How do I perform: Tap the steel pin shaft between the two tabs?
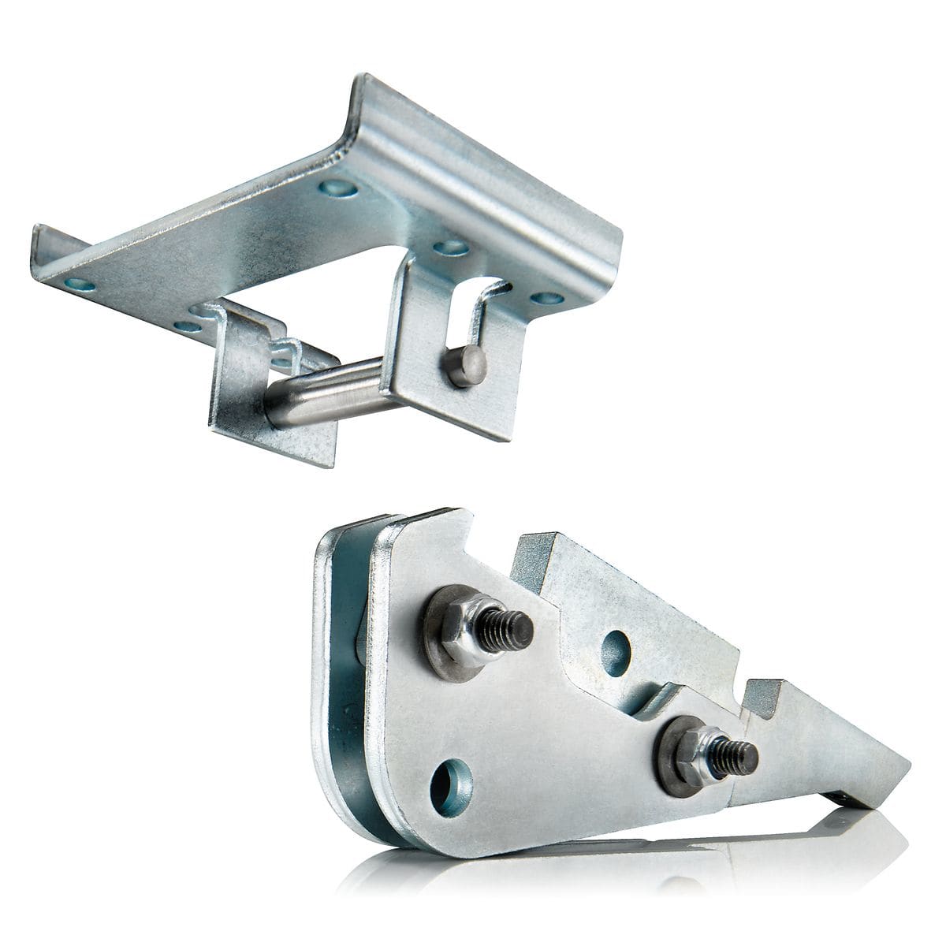(x=331, y=392)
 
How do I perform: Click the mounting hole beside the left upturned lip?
(x=80, y=284)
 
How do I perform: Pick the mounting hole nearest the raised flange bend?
(x=338, y=188)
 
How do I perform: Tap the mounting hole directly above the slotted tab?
(x=450, y=248)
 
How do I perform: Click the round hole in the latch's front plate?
(x=452, y=786)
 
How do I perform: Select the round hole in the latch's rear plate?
(x=616, y=653)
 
